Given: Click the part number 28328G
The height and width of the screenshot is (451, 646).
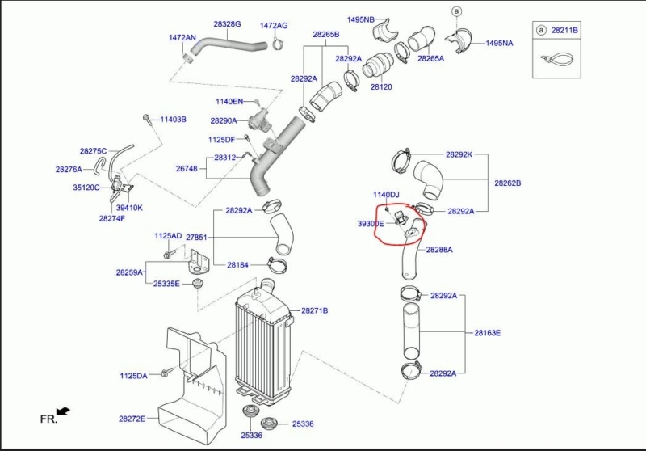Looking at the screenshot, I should [227, 24].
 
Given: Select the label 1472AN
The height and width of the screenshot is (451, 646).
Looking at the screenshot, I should [182, 37].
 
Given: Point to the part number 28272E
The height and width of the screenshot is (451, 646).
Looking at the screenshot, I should [132, 419].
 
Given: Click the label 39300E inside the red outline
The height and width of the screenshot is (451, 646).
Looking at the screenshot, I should [371, 223].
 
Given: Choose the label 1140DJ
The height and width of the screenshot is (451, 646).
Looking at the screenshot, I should [386, 195].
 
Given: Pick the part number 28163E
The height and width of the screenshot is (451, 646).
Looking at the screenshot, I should [487, 332].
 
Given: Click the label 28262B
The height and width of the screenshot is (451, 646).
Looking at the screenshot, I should [508, 183].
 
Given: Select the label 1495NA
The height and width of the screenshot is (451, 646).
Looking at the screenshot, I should [499, 43].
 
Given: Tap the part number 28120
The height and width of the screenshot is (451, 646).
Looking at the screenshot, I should [380, 86].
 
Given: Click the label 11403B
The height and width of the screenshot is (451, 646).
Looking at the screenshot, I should [173, 120].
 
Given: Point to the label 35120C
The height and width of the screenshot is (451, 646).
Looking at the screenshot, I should [86, 188].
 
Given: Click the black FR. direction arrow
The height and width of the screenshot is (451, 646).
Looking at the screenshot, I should [63, 411].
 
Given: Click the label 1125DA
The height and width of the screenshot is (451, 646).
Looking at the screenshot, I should [133, 376].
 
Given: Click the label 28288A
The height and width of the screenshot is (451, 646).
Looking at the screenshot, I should [439, 250].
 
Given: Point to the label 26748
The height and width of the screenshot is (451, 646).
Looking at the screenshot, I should [187, 168].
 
